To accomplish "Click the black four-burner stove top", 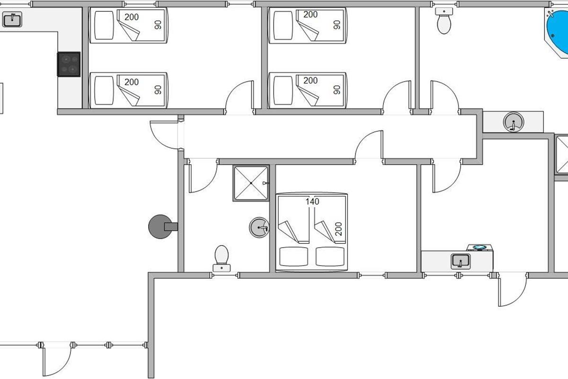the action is (x=69, y=64).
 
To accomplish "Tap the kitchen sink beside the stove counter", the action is (x=12, y=19).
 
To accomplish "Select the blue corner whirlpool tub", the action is (x=557, y=33).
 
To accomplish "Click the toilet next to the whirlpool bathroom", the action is (x=444, y=21).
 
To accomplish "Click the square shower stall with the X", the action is (x=251, y=183).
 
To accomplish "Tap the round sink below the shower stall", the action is (x=259, y=227).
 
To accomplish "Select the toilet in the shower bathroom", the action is (x=222, y=258).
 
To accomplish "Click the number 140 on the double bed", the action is (x=312, y=201).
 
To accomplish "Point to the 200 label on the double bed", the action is (x=338, y=229).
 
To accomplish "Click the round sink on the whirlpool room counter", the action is (x=514, y=122).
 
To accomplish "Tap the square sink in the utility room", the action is (x=461, y=262).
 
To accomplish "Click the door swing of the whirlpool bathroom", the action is (x=445, y=95).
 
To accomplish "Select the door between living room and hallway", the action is (x=164, y=135).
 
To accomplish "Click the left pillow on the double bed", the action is (x=293, y=256).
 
